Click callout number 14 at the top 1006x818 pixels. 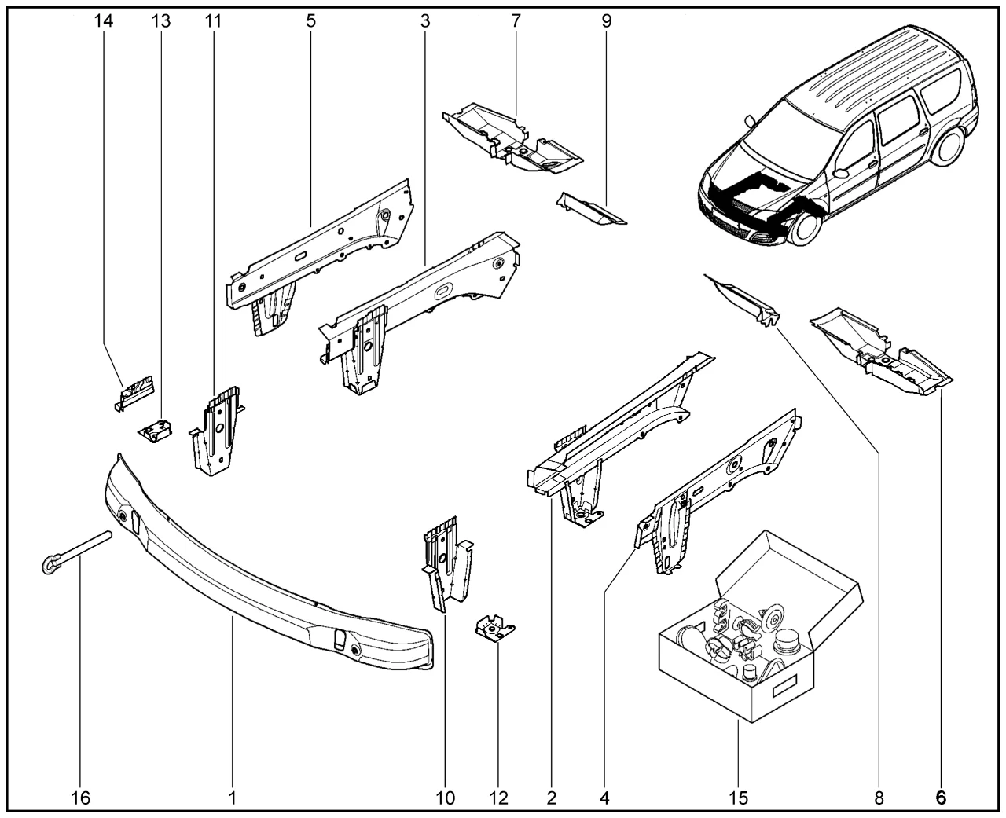104,21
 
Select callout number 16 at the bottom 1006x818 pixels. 81,798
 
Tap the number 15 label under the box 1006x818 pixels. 737,798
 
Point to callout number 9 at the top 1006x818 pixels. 607,21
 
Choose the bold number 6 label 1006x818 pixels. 940,798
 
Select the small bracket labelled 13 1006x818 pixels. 156,431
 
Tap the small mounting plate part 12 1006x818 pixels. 494,629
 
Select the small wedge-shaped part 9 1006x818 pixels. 591,211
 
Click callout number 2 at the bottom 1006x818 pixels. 552,798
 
